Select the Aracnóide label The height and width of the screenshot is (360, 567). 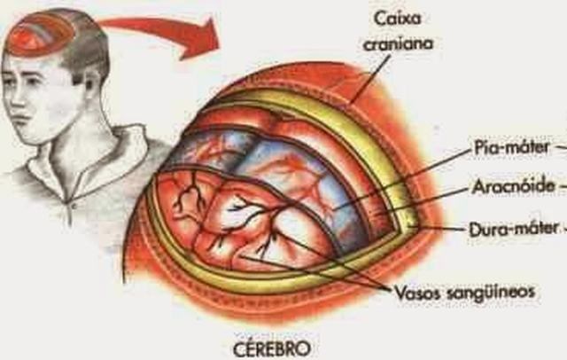[509, 187]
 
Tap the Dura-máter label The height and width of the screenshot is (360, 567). [511, 228]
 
